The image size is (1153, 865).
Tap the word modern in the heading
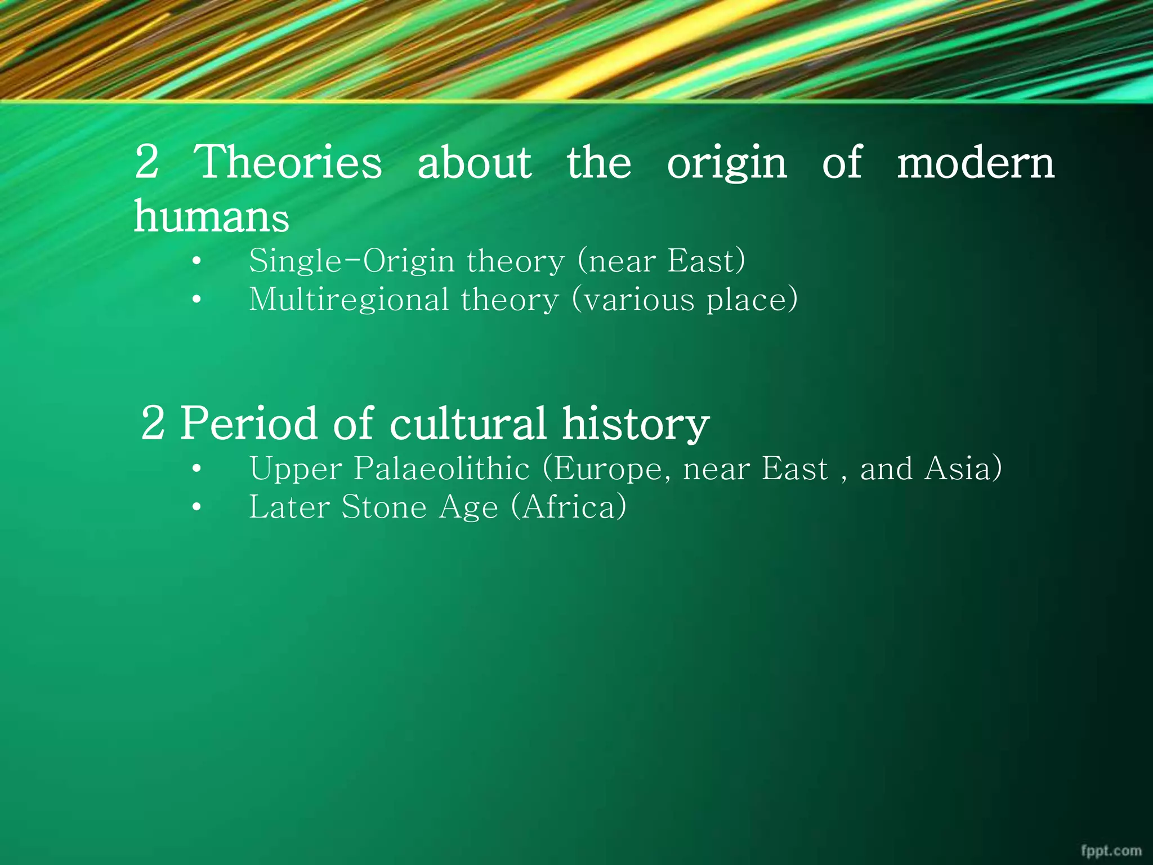[975, 163]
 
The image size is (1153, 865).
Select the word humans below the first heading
[211, 216]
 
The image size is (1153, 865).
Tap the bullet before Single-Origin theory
[196, 262]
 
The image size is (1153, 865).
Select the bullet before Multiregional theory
[196, 300]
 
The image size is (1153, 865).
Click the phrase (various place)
[685, 300]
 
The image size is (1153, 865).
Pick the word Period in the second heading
[248, 423]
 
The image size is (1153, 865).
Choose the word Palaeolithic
[441, 469]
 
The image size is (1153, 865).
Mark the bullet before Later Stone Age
[196, 507]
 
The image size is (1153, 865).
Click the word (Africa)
[569, 507]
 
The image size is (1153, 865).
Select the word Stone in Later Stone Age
[384, 507]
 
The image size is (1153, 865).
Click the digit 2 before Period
[153, 423]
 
